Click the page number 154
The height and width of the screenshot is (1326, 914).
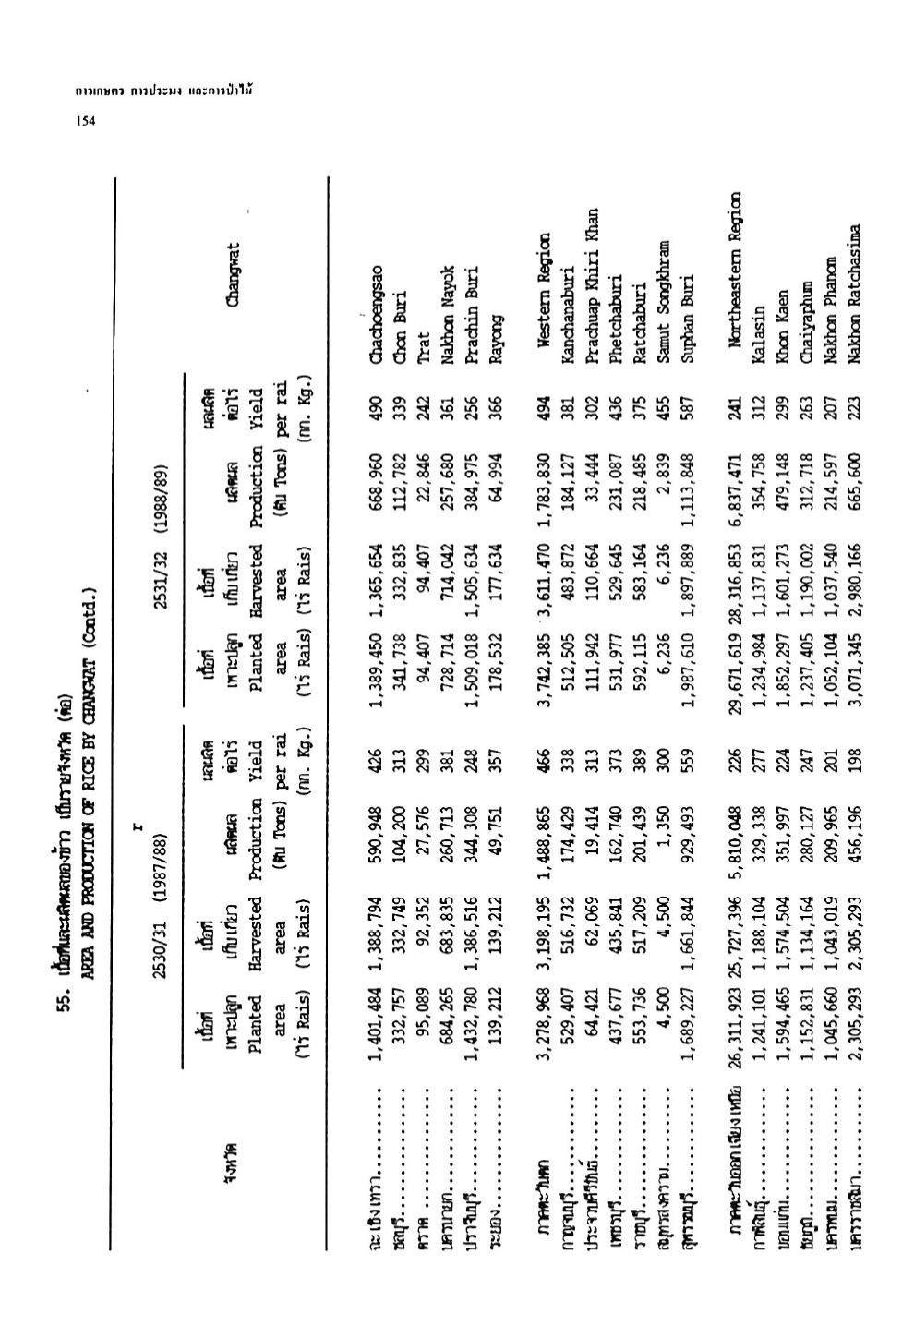[x=85, y=120]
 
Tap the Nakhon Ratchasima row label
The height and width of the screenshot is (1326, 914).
[x=854, y=295]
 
